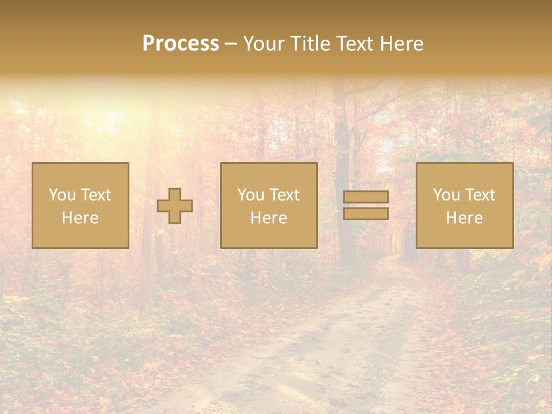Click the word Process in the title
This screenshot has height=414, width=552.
coord(181,44)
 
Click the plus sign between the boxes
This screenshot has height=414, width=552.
coord(175,206)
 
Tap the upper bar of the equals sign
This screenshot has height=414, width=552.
coord(366,197)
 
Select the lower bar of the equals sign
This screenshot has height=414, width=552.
coord(366,214)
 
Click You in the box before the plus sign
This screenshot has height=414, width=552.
coord(62,195)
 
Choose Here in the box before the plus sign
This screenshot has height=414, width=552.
coord(80,218)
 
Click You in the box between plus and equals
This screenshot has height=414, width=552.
coord(250,195)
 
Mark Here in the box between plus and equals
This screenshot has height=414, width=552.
coord(269,218)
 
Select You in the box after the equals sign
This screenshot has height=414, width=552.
coord(446,195)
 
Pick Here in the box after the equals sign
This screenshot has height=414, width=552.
coord(464,218)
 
